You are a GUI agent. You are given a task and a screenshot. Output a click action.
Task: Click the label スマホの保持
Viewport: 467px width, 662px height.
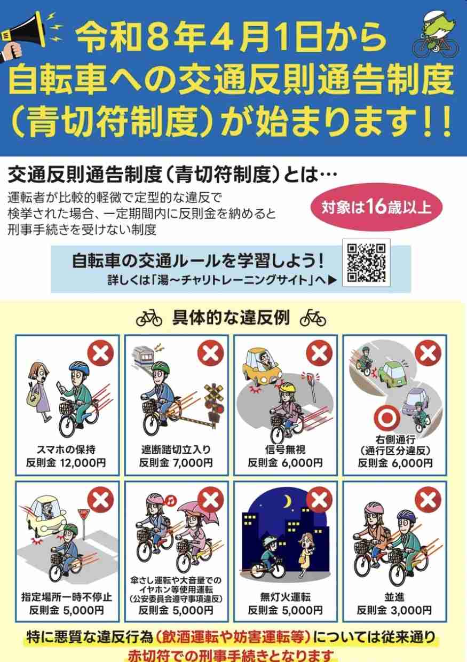click(67, 450)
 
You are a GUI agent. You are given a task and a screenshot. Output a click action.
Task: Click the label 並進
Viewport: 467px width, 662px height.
click(394, 597)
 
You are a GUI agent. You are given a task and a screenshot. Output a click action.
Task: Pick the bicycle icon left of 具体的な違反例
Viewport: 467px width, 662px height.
click(149, 319)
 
